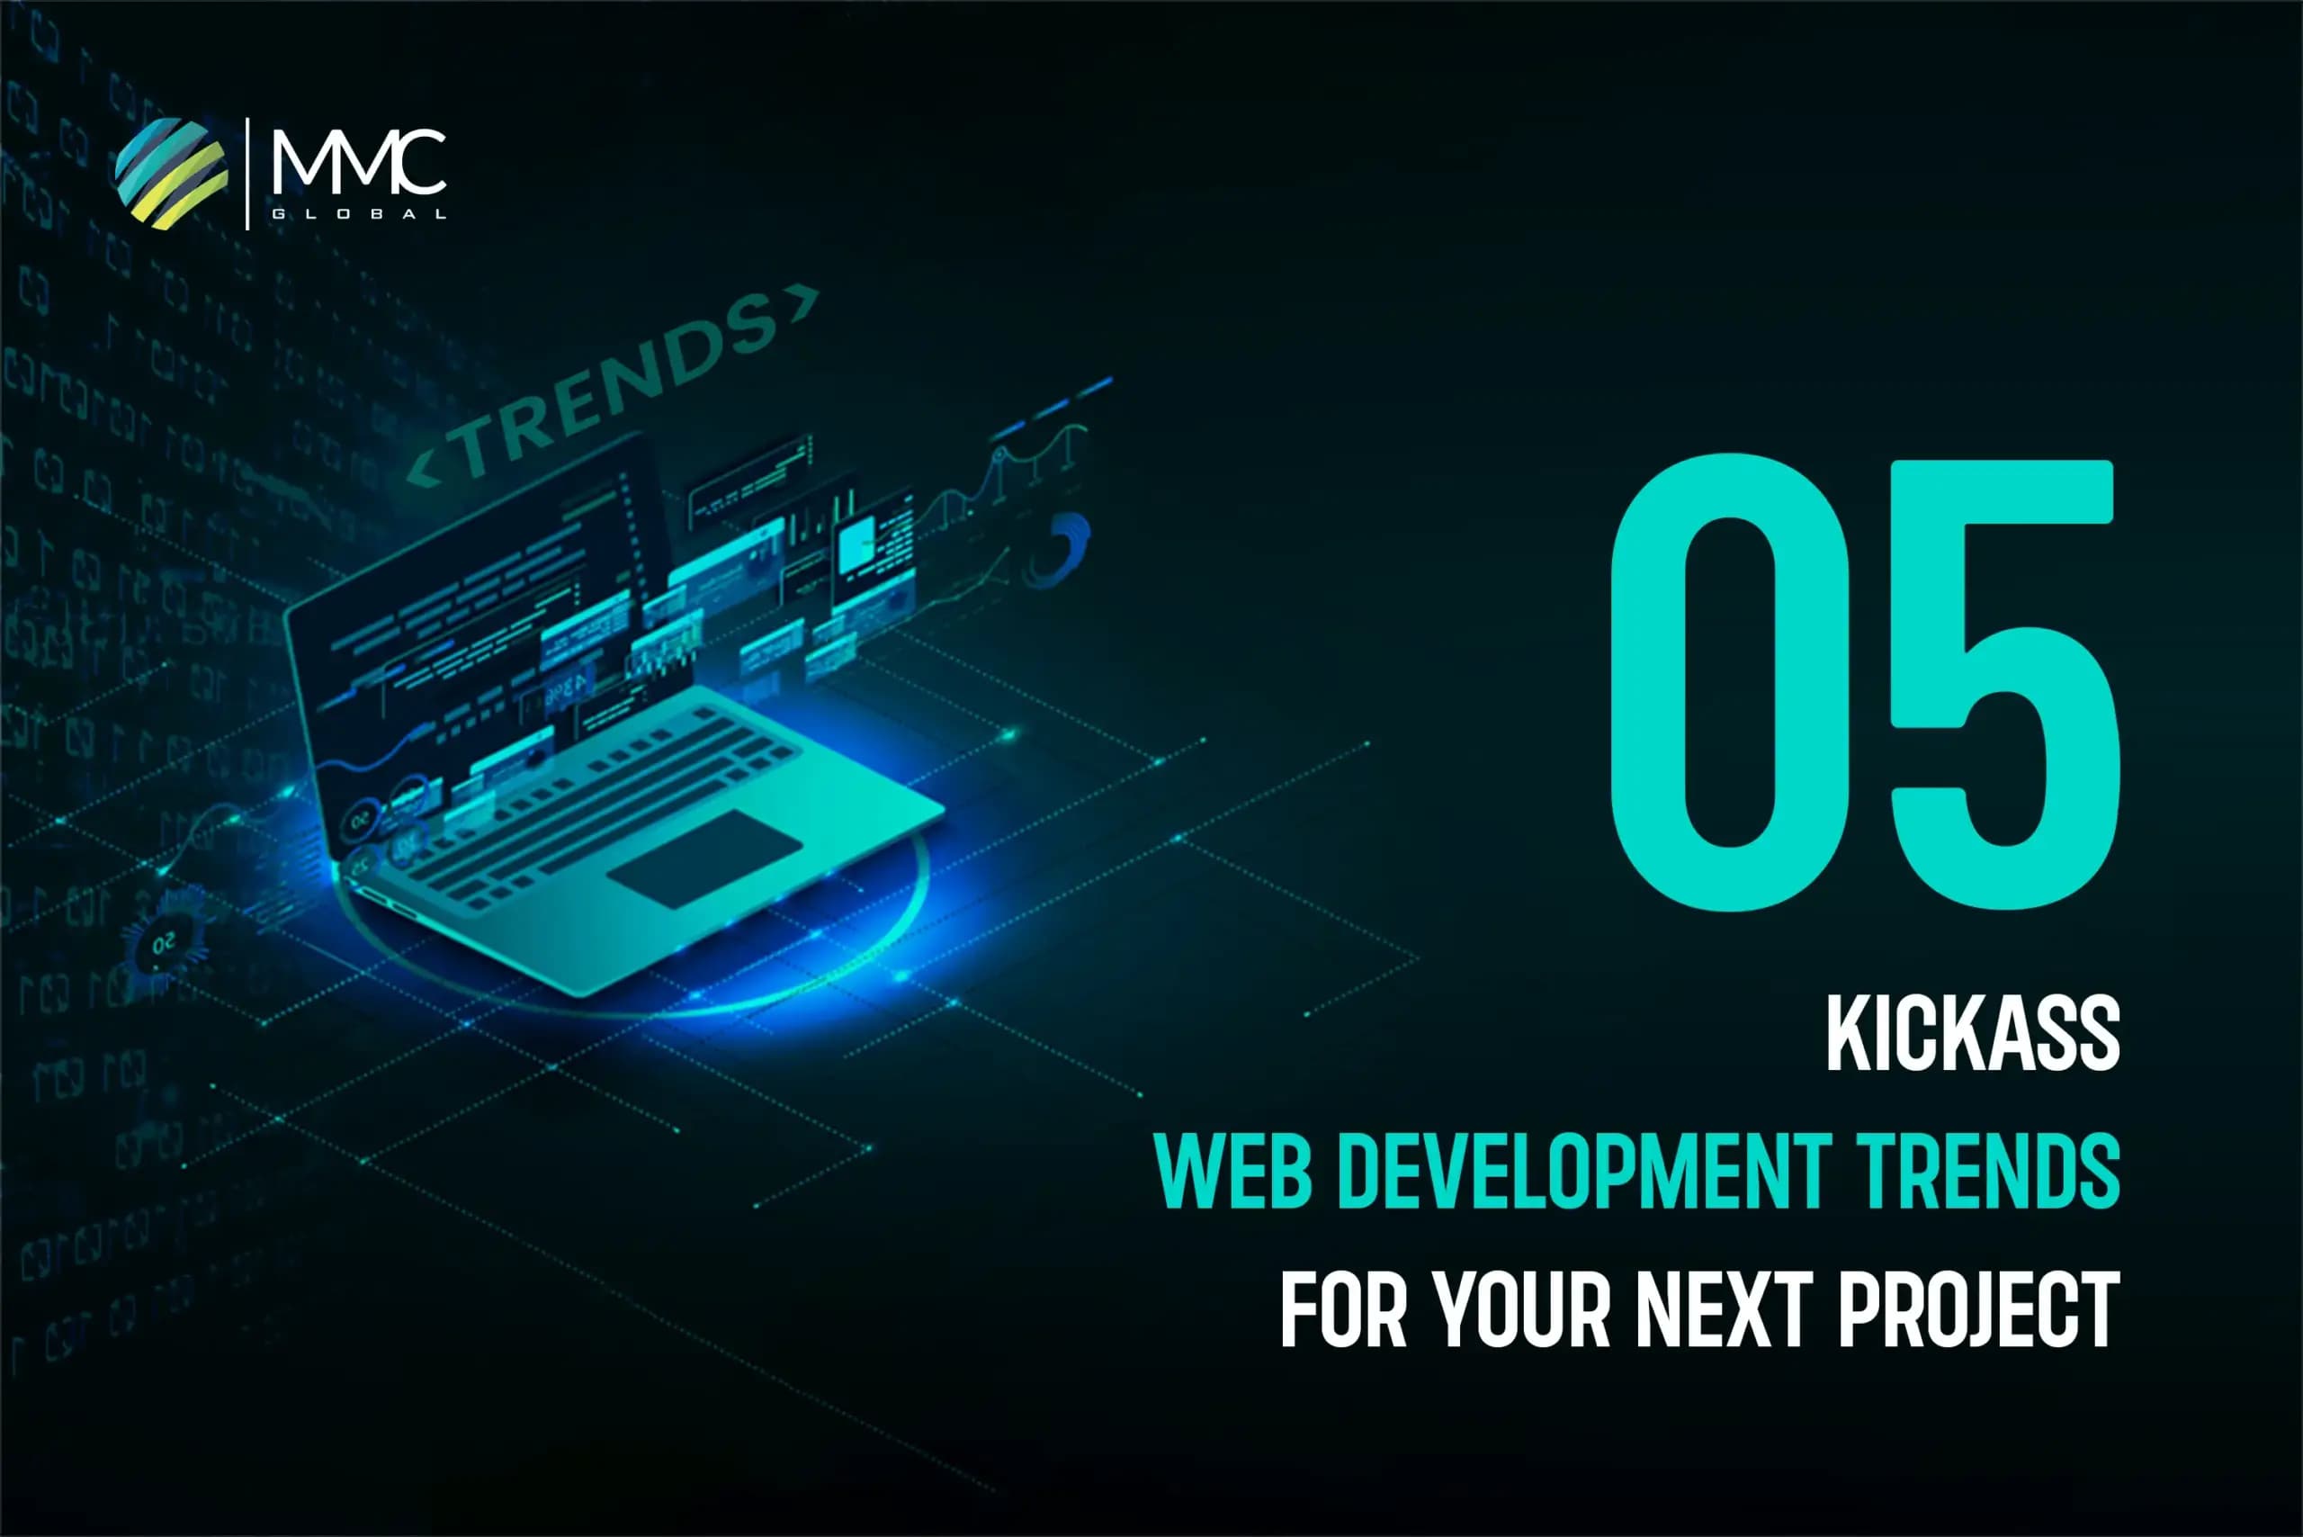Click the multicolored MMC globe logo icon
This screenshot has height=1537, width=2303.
[x=172, y=174]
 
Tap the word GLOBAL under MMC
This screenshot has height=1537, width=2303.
[x=359, y=213]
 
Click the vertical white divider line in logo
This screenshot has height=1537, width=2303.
[x=247, y=174]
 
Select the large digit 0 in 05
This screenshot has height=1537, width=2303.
[x=1731, y=682]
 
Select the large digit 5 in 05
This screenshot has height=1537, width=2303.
[x=2003, y=682]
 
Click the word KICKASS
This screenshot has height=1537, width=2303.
[x=1973, y=1033]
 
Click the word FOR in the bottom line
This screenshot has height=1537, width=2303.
[x=1342, y=1309]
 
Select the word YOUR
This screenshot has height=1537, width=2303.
[x=1522, y=1309]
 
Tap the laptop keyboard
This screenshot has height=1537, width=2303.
[x=598, y=804]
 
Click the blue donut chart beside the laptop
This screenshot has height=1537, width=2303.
[x=1063, y=549]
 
